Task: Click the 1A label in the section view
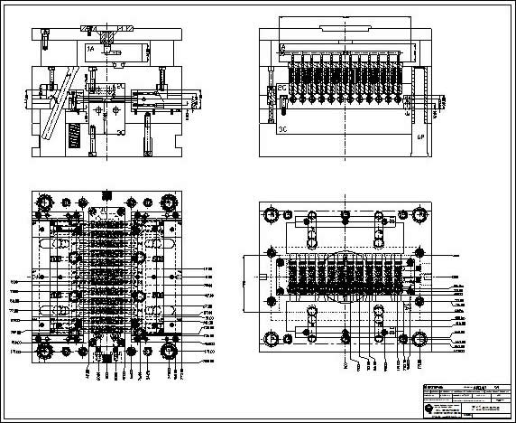click(89, 46)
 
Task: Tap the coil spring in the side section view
click(76, 137)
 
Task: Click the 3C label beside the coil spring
click(120, 133)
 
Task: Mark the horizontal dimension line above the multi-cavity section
click(346, 20)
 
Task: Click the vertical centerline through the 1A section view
click(106, 90)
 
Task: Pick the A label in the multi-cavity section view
click(282, 46)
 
